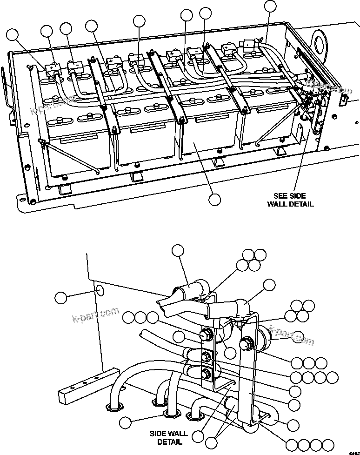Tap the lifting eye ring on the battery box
click(x=319, y=40)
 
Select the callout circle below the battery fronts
click(x=214, y=199)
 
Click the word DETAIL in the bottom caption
click(x=169, y=442)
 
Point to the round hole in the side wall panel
click(x=100, y=292)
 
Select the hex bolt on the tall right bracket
click(x=245, y=345)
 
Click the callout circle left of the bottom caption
click(x=125, y=422)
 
